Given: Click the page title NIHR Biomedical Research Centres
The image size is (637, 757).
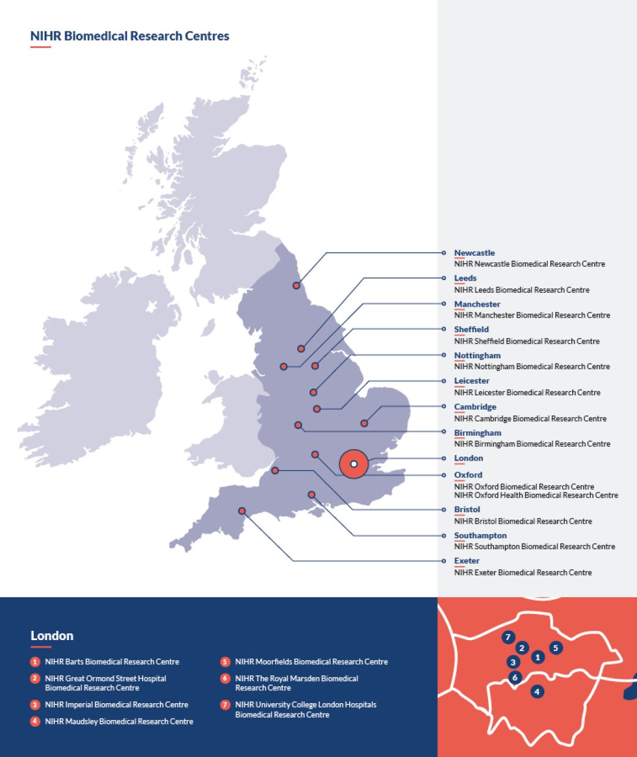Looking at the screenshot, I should pos(130,36).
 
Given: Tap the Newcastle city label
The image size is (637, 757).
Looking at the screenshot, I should pos(474,253).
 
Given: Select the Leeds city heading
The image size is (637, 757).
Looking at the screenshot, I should pos(465,278).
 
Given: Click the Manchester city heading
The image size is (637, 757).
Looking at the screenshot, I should pos(477,304).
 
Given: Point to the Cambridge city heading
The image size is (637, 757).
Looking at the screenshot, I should pos(475,407).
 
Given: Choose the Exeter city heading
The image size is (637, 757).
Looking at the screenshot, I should pos(467,561).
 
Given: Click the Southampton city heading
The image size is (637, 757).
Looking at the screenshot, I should pos(480,535).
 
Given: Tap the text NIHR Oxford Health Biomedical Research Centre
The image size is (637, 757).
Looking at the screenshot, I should pos(536,495).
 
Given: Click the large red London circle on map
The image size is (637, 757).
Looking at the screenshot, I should pos(354,464).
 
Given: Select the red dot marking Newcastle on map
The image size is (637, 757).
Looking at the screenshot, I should pos(296,285).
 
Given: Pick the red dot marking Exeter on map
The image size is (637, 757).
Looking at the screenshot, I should pos(242,511).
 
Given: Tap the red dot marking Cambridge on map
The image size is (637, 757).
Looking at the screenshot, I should pos(364,423).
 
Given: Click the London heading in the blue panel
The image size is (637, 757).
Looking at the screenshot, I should pos(52,635).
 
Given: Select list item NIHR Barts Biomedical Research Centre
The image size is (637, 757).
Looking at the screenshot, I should pos(112,662).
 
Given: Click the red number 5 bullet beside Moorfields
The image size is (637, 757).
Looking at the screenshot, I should pos(225,662).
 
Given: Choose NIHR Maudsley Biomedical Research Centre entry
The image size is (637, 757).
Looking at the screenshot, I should pos(119,721).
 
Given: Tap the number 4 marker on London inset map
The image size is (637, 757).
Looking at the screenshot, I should pos(537,692).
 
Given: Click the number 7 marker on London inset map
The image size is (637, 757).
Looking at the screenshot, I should pos(508,637).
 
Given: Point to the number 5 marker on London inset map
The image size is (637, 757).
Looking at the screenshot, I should pos(555,648).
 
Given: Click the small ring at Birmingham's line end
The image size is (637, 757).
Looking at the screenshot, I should pos(444,432).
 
